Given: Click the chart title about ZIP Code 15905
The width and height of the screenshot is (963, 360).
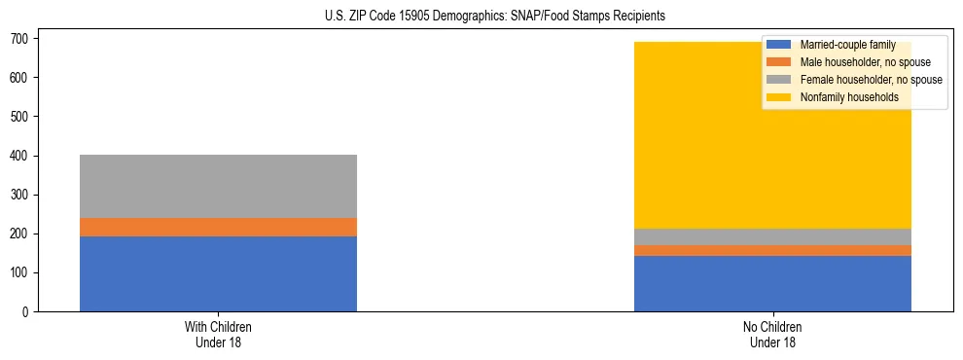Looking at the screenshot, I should pos(481,17).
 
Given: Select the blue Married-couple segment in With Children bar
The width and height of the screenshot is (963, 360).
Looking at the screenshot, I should pos(218,273).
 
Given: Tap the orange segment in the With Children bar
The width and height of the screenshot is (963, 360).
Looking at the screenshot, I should pos(218,227).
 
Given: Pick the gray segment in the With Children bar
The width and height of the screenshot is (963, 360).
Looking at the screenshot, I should pos(218,186).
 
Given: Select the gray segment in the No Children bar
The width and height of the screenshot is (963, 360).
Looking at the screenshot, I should pos(772,236).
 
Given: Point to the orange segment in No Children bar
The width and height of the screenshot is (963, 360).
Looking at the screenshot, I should pos(772,250).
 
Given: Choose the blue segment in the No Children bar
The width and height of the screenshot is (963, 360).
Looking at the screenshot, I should pos(772,283).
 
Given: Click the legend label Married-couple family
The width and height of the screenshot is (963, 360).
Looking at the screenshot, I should pos(847,45).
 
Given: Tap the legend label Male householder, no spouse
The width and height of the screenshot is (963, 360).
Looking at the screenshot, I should pos(865,62).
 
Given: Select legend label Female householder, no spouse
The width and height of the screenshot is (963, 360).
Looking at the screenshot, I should pos(871,80).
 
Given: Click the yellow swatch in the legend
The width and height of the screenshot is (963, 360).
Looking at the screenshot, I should pos(779,97).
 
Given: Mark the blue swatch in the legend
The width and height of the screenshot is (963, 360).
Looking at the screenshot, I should pos(779,45).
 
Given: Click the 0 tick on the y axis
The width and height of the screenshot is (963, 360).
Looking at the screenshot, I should pos(28,311).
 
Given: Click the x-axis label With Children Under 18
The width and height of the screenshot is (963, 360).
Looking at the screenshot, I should pos(218,334).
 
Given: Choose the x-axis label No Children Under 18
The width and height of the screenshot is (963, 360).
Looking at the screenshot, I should pos(772,334).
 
